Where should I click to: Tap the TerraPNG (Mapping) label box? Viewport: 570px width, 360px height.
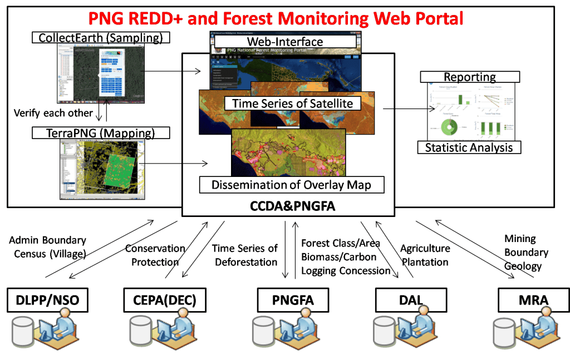(x=100, y=132)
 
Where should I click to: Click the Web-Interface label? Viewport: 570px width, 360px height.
(x=284, y=41)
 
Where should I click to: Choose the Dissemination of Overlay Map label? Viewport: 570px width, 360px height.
(x=292, y=185)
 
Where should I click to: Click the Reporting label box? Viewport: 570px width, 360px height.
(x=470, y=77)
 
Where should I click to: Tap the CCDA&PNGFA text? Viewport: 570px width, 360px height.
(x=288, y=207)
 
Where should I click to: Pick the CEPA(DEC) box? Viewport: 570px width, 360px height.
(x=160, y=301)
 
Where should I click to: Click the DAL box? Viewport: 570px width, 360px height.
(x=411, y=300)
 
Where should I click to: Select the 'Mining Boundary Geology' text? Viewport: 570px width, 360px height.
(x=524, y=253)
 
